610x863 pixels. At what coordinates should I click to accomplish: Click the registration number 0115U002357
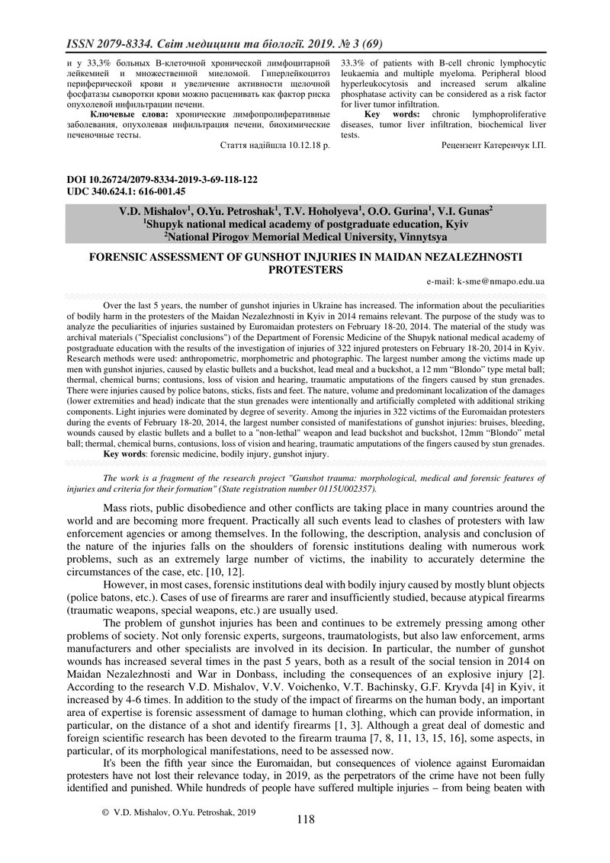[348, 488]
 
